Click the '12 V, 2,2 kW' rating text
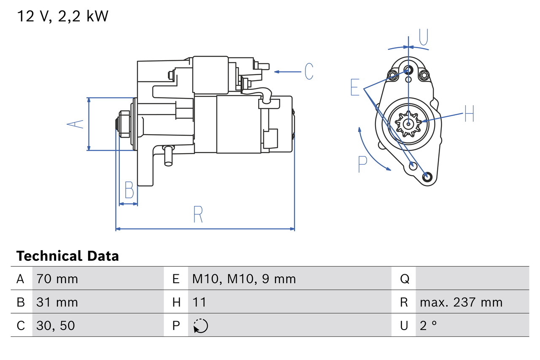[x=62, y=16]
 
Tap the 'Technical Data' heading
[x=67, y=256]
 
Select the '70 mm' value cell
[x=57, y=279]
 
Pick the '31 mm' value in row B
[x=57, y=302]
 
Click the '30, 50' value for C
[x=56, y=325]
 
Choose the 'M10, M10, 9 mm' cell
[x=244, y=279]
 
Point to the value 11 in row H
[x=199, y=302]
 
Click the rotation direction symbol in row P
[x=200, y=326]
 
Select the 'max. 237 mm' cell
[x=461, y=302]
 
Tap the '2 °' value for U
[x=428, y=325]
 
